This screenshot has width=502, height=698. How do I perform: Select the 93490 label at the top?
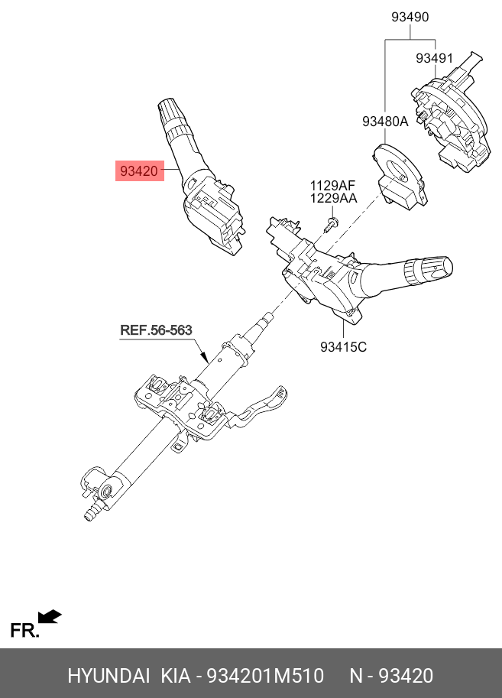(410, 17)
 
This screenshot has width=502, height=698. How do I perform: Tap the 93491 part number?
(434, 59)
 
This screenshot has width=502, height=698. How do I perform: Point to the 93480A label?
(385, 121)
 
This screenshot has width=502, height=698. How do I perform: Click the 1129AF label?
(332, 185)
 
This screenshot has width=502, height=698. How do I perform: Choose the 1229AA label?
(332, 199)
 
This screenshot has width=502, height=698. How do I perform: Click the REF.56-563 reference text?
(156, 330)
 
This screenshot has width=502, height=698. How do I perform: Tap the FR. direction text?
(24, 630)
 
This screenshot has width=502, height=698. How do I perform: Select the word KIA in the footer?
(176, 676)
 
